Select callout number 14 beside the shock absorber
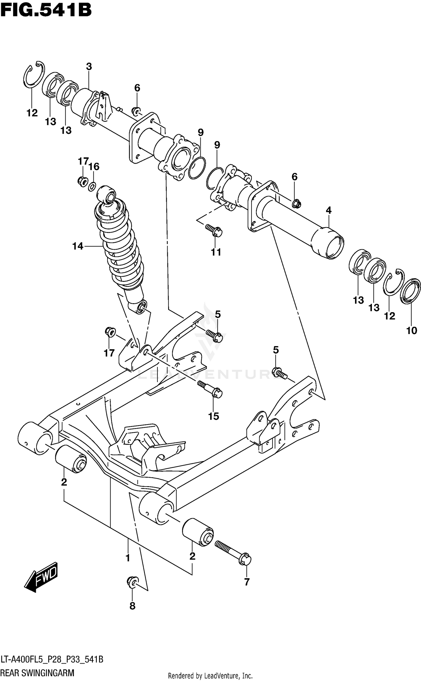[x=78, y=246]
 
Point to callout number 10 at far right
[x=412, y=331]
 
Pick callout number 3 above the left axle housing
[x=89, y=67]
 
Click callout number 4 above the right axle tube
[x=329, y=210]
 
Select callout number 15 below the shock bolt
[x=213, y=416]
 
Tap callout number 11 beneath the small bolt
[x=216, y=252]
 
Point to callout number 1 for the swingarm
[x=128, y=558]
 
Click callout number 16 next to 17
[x=94, y=166]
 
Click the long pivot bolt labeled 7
[x=233, y=553]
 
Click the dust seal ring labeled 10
[x=411, y=291]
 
